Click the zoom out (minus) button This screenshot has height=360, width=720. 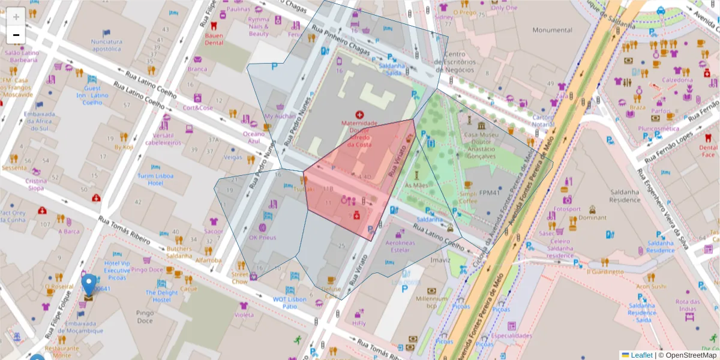point(16,35)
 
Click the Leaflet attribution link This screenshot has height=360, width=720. point(641,355)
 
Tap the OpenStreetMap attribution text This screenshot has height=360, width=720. point(687,355)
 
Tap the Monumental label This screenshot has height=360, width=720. point(552,30)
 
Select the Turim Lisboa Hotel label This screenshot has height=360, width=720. point(155,179)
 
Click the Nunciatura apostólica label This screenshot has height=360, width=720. point(107,45)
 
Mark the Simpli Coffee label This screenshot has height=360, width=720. point(468,198)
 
